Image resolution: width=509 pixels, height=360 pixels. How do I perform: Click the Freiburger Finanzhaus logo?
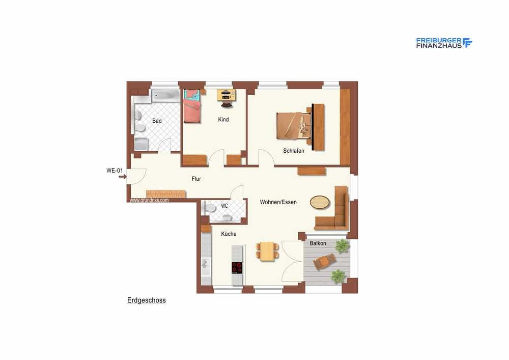pos(444,43)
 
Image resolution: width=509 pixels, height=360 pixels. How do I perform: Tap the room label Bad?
pos(157,121)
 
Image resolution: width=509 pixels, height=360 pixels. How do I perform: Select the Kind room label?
pos(223,120)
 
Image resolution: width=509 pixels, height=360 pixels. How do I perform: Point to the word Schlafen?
pos(294,151)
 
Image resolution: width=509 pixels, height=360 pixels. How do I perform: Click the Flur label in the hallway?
pos(196,179)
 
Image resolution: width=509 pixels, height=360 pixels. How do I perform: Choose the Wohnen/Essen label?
pos(278,202)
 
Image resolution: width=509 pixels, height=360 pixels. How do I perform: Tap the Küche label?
pos(229,234)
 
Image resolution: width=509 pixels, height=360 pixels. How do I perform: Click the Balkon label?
pos(318,243)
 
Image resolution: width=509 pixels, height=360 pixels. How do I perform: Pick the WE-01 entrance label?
pos(115,171)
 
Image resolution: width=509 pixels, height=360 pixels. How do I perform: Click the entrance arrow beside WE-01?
pos(122,177)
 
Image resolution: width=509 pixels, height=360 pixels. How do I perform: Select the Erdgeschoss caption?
pos(147,300)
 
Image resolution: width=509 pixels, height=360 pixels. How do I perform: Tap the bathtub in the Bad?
pos(165,95)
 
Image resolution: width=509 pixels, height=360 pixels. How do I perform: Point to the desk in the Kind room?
pos(227,95)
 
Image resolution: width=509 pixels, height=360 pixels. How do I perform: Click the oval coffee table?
pos(320,202)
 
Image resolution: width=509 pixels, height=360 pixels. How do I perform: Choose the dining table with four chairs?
pos(267,251)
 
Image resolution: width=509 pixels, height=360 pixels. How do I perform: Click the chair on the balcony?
pos(325,261)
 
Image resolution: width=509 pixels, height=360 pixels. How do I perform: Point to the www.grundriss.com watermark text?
pos(149,200)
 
